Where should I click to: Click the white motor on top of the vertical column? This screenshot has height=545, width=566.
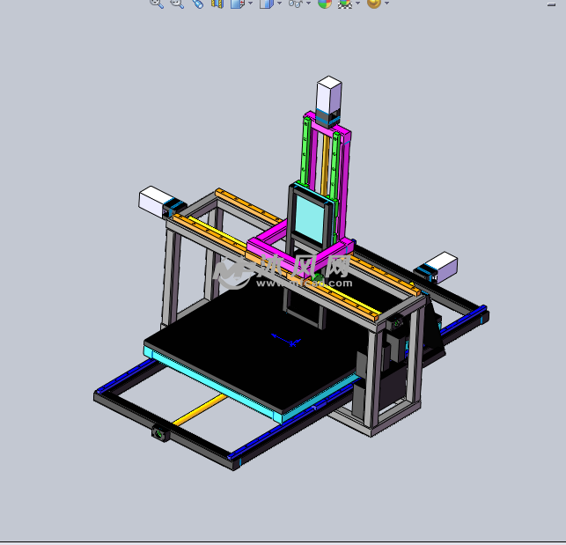coord(328,93)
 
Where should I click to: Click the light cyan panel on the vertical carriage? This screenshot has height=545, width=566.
coord(312,217)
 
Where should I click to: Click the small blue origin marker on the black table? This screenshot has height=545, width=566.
coord(286,338)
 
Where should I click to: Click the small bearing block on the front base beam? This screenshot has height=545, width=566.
coord(160,432)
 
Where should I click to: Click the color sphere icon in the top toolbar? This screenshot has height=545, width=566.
coord(325,4)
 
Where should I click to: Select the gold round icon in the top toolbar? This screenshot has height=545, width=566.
coord(373,4)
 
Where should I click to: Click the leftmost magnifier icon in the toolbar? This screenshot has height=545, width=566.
coord(156,4)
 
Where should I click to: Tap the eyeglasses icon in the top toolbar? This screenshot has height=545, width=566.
coord(297,4)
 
